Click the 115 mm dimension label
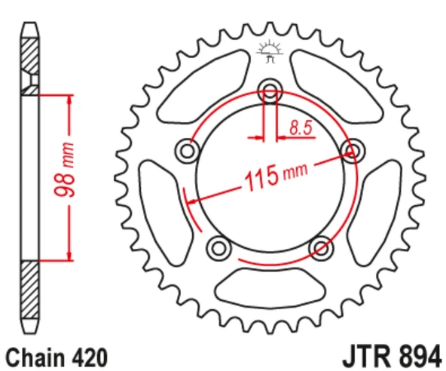pos(276,176)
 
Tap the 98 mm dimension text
pos(65,170)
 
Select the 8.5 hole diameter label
pos(301,128)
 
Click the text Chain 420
pos(57,357)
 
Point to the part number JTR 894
pos(393,356)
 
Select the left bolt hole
pos(187,151)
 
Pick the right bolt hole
pos(353,151)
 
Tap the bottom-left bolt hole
pos(218,248)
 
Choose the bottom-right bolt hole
pos(322,248)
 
